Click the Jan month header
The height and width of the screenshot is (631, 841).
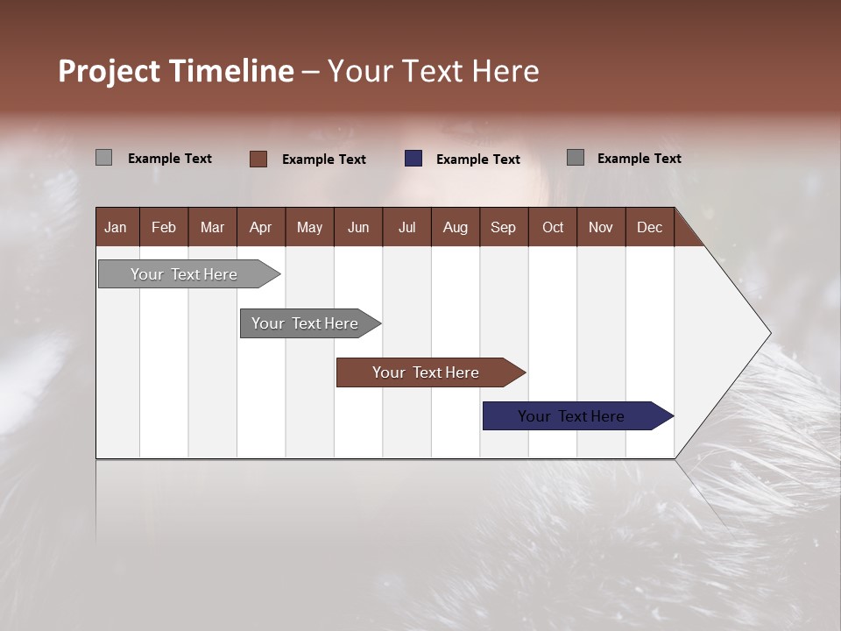(x=117, y=227)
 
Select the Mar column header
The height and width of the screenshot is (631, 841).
(x=212, y=227)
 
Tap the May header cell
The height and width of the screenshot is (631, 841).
(x=309, y=227)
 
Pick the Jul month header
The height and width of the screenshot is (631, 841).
(x=406, y=227)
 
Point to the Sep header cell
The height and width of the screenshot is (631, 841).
(x=503, y=227)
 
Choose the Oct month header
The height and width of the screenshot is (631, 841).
(x=553, y=227)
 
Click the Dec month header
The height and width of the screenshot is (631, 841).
(x=649, y=227)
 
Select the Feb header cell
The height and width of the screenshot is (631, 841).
(x=164, y=227)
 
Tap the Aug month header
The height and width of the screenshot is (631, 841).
(x=455, y=227)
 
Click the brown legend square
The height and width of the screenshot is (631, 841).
(x=258, y=159)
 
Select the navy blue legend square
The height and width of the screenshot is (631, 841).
(x=413, y=159)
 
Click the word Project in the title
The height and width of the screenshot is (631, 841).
(x=108, y=71)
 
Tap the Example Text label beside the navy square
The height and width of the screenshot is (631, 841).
(x=477, y=160)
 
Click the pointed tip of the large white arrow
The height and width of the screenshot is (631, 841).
(x=768, y=333)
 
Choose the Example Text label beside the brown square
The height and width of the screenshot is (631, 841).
(x=323, y=160)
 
